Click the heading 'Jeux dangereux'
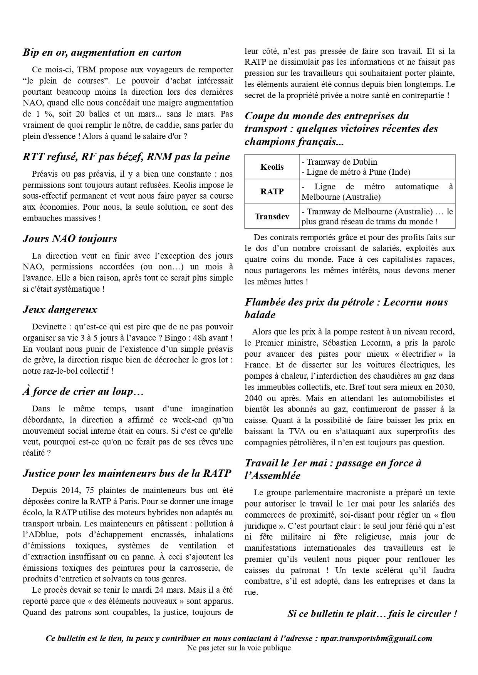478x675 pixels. [x=60, y=309]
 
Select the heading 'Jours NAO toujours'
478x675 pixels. [x=70, y=239]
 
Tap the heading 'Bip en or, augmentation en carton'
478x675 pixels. [x=102, y=52]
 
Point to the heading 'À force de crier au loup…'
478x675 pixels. [x=83, y=392]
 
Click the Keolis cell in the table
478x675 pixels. [x=272, y=167]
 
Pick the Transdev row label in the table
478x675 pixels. [x=272, y=216]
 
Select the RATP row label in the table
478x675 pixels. [x=272, y=192]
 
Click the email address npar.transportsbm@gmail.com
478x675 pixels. [x=376, y=638]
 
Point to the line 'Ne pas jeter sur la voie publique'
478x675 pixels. [x=239, y=648]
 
